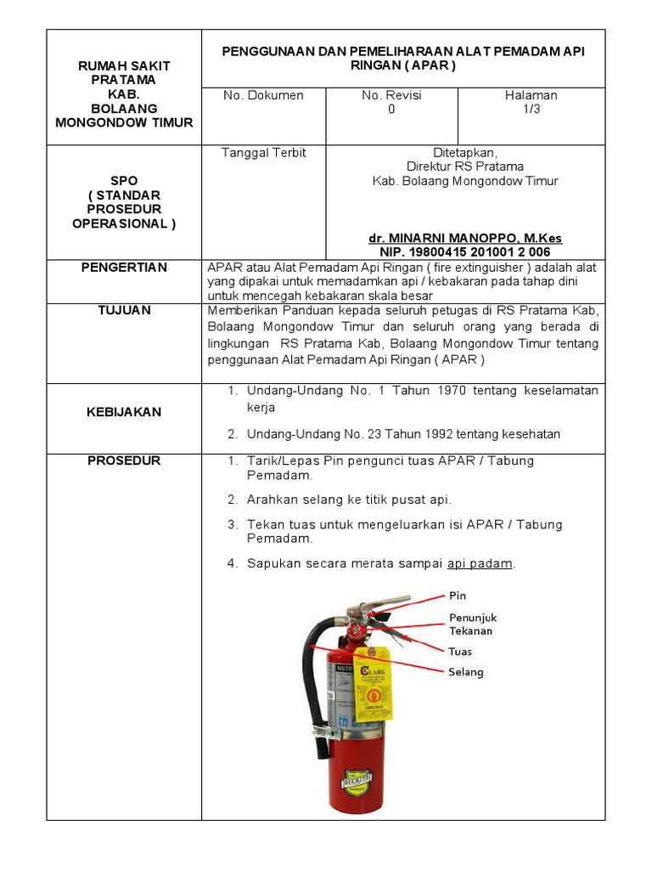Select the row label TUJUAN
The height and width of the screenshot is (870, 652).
[x=124, y=310]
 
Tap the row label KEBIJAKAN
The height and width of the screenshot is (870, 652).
[x=124, y=412]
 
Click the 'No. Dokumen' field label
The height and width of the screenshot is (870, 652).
[x=263, y=95]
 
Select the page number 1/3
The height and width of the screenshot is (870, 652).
[x=531, y=110]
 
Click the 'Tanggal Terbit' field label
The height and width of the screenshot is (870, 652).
[x=263, y=153]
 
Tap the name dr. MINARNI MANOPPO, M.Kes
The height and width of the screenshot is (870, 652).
[x=465, y=239]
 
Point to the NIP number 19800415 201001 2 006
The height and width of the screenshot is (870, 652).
[x=465, y=252]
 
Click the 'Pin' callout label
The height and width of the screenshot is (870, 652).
[x=458, y=596]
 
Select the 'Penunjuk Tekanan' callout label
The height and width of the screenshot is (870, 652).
[x=472, y=624]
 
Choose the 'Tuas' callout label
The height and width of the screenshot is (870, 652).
[x=460, y=652]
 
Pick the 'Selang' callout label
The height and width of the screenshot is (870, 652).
[x=465, y=672]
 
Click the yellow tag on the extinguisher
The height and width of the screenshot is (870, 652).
[x=374, y=684]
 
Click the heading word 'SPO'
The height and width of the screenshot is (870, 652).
[x=124, y=182]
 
